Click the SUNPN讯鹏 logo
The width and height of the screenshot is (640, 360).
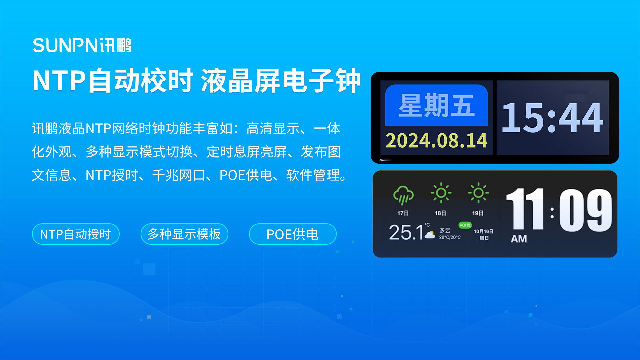click(82, 45)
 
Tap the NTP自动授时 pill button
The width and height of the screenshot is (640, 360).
click(76, 234)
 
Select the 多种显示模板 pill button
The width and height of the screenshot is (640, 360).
click(184, 234)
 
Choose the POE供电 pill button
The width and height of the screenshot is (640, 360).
click(293, 234)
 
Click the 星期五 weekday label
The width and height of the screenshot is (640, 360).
click(436, 105)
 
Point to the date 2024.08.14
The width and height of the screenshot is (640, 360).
click(437, 141)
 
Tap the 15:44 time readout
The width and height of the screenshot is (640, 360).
click(552, 118)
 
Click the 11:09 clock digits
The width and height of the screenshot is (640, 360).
click(559, 209)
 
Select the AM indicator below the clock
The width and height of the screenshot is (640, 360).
click(519, 239)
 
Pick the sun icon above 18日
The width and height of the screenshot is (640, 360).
click(441, 193)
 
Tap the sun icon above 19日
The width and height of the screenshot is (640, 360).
click(478, 193)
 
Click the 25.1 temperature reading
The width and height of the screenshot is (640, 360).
click(406, 232)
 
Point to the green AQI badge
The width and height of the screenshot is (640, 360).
click(465, 225)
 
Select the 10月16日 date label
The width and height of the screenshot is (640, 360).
click(483, 231)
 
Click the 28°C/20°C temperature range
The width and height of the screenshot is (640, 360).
click(450, 237)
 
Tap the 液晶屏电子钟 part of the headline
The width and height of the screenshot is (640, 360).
click(281, 80)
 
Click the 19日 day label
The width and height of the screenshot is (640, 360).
click(478, 213)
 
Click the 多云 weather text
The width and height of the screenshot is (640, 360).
click(445, 230)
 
